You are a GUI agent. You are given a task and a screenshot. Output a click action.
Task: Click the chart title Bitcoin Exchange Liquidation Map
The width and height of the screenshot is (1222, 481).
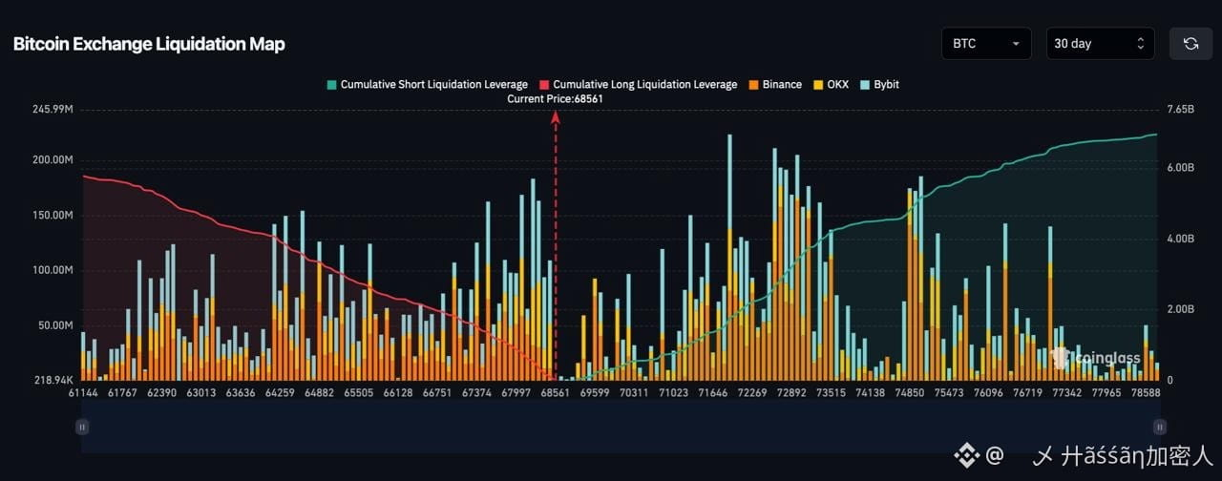coord(149,44)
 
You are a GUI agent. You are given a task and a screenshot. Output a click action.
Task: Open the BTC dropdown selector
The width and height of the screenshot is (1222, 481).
coord(986,44)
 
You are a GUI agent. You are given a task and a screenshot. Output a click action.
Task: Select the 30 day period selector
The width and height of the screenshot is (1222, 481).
coord(1100,44)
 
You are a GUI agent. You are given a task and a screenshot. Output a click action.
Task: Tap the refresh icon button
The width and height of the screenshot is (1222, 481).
coord(1190,44)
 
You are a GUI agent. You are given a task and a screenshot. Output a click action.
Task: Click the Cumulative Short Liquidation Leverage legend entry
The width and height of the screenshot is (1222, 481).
coord(427,85)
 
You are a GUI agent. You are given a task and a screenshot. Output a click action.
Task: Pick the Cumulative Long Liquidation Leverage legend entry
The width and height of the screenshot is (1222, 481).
coord(639,85)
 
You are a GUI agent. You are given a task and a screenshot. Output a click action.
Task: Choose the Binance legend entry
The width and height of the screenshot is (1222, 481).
coord(775,85)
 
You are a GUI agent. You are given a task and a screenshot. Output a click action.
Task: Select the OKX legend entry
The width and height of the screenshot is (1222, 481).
coord(831,85)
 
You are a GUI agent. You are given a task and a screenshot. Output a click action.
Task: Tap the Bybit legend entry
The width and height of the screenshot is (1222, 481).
coord(879,85)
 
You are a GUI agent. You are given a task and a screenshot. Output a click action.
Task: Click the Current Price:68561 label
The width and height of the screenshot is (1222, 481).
coord(555,98)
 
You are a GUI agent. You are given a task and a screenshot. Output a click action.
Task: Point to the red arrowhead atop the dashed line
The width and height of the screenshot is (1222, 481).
coord(556,117)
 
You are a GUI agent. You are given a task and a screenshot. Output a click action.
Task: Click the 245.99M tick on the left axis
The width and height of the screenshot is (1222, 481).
coord(53,109)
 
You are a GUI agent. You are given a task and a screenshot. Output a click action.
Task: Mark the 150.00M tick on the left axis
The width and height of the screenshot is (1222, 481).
coord(53,216)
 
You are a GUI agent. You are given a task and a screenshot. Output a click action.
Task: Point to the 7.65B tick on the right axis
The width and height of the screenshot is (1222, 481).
coord(1181,109)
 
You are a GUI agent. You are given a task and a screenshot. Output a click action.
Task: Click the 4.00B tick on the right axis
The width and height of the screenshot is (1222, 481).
coord(1181,239)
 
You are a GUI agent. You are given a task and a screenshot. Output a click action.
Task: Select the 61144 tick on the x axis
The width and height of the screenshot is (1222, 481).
coord(83,392)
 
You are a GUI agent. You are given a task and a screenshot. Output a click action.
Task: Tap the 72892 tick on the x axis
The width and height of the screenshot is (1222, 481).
coord(791,392)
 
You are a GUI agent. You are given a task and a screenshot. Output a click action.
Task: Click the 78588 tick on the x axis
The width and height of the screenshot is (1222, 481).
coord(1145,392)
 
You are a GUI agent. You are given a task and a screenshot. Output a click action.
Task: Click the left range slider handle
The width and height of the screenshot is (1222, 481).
coord(82,427)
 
